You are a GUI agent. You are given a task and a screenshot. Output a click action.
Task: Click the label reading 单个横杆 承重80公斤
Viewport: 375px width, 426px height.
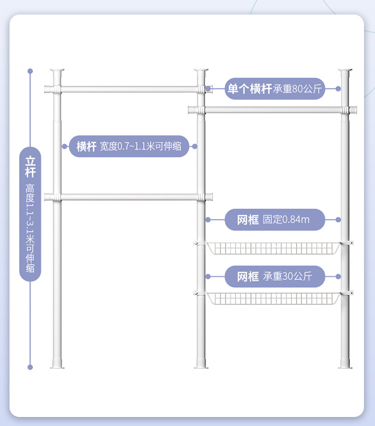274,88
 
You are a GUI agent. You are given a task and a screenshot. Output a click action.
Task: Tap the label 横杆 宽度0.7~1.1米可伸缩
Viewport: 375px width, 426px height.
129,146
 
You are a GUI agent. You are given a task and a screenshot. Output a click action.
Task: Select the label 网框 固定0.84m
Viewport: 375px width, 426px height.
274,219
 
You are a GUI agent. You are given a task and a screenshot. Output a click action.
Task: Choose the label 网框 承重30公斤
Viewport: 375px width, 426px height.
274,276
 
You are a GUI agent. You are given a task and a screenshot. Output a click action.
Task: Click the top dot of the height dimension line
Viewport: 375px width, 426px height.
30,71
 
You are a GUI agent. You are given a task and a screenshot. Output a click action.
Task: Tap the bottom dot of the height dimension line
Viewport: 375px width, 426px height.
30,367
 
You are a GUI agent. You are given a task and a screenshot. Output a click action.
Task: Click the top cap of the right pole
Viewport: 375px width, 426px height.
345,70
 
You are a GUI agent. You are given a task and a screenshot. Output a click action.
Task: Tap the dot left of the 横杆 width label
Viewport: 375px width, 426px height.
64,146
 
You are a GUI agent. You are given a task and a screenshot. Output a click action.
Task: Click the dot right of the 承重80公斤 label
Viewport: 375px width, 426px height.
338,88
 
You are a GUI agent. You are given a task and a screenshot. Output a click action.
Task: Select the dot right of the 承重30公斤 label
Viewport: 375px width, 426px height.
338,276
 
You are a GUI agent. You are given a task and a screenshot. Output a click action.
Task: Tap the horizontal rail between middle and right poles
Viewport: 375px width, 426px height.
273,109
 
